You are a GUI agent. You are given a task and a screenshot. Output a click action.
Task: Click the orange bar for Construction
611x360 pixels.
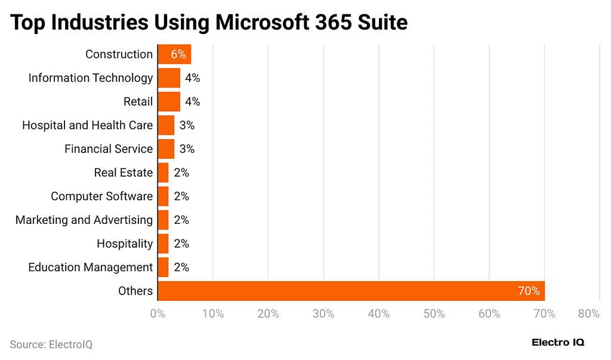coord(174,54)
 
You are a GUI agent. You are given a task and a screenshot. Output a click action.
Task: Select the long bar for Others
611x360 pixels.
coord(351,291)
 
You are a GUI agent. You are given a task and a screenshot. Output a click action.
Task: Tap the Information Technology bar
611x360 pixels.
coord(169,78)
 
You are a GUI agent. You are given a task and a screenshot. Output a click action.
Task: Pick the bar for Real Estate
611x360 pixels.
coord(163,173)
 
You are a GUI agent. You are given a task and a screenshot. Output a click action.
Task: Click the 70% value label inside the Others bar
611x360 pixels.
coord(529,291)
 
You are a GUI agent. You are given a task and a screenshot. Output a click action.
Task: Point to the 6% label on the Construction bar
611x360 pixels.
coord(178,54)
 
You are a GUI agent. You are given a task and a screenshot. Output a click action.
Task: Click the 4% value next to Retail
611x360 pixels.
coord(192,101)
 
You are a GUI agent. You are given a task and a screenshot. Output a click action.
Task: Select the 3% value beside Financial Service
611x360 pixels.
coord(187,149)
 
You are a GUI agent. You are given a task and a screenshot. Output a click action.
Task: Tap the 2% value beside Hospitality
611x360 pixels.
coord(181,244)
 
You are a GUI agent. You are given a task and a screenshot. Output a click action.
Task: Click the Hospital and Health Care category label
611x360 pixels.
coord(87,125)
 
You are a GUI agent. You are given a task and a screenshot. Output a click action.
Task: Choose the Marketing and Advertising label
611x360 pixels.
coord(84,220)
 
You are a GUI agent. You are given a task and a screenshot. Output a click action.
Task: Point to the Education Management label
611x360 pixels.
coord(90,267)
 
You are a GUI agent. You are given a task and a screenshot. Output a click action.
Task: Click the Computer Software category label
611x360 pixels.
coord(101,196)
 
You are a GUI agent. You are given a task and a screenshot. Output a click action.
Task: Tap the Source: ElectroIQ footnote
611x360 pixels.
coord(51,344)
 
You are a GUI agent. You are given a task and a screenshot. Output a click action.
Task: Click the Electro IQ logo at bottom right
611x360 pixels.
coord(558,343)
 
